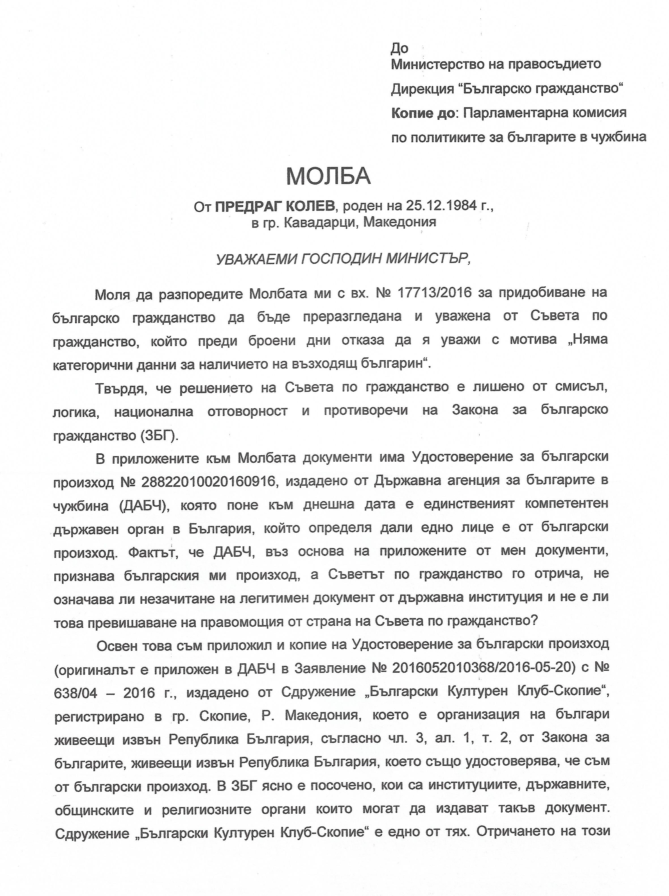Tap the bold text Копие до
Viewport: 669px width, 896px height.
pyautogui.click(x=423, y=113)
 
